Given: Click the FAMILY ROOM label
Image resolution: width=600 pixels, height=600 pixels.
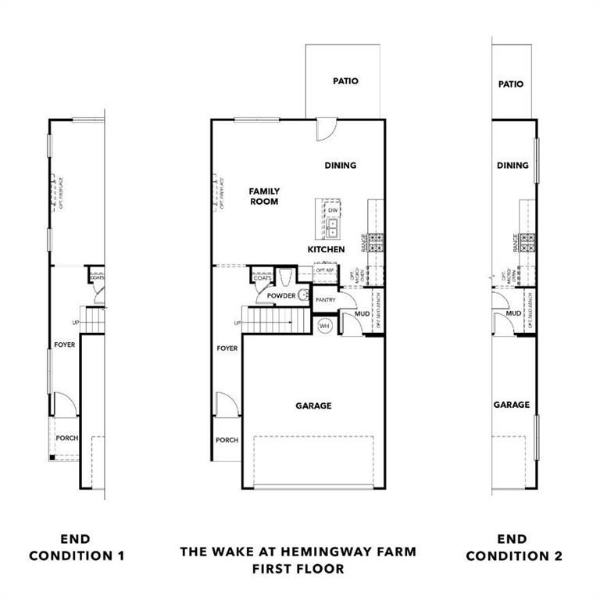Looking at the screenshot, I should click(x=264, y=196).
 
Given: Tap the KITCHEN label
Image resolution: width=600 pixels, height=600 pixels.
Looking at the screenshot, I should click(x=326, y=249).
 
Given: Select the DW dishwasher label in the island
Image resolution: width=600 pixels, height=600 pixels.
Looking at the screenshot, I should click(x=333, y=210).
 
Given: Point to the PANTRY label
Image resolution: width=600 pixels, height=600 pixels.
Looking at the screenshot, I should click(x=325, y=299).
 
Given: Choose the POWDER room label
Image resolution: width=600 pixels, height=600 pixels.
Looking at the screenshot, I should click(x=281, y=296).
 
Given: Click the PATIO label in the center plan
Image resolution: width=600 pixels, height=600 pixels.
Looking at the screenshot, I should click(x=345, y=80).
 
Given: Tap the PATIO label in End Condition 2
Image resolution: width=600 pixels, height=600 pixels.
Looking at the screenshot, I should click(x=511, y=84).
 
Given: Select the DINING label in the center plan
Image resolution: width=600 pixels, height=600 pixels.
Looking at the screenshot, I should click(x=341, y=166).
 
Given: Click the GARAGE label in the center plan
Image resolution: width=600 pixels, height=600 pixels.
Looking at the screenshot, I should click(x=313, y=406).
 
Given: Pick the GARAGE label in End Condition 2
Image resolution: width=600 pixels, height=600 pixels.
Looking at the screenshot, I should click(x=512, y=405).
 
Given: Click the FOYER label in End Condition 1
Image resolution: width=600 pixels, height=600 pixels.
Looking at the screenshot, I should click(x=65, y=345).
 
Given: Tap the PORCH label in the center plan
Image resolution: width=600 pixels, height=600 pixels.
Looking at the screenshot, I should click(x=227, y=440).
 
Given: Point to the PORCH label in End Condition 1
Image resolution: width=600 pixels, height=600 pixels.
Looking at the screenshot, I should click(x=67, y=438).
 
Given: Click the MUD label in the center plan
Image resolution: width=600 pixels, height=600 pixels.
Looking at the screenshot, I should click(x=362, y=313).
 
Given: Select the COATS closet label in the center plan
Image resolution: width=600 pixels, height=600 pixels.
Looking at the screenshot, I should click(x=262, y=278).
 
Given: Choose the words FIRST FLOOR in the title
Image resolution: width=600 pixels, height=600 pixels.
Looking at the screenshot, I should click(x=298, y=569).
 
